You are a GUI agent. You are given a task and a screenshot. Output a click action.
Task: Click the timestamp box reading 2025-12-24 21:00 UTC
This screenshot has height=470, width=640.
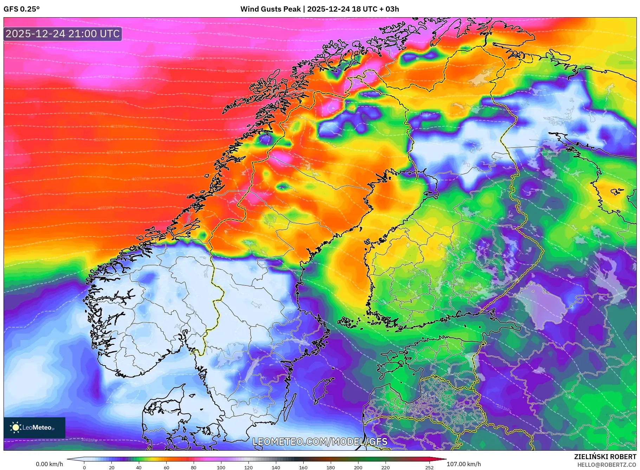(x=63, y=34)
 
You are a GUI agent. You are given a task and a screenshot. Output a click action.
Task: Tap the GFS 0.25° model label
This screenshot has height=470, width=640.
(x=21, y=9)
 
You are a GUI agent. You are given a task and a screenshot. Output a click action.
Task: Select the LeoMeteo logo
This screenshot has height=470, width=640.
(x=34, y=427)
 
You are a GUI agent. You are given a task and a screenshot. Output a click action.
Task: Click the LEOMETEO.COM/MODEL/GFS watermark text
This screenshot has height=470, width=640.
(x=320, y=442)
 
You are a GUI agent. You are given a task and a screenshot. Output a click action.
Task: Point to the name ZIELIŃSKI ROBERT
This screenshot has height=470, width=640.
(x=605, y=457)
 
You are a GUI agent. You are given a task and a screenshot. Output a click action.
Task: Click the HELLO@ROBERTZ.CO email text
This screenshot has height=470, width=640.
(x=607, y=465)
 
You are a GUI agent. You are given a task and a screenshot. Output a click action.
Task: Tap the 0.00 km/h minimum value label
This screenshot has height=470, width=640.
(x=50, y=464)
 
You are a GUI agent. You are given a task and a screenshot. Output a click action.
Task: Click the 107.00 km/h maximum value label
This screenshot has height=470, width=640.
(x=464, y=464)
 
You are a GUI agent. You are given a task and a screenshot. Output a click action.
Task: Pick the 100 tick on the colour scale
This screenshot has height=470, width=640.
(x=221, y=468)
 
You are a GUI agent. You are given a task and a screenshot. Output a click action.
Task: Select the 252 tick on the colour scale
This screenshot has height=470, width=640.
(x=429, y=468)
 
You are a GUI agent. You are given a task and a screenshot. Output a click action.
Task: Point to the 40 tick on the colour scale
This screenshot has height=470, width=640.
(x=139, y=468)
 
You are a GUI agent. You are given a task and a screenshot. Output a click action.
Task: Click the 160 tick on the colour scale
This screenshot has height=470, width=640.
(x=303, y=468)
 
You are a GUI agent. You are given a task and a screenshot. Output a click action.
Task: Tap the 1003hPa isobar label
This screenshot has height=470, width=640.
(x=226, y=34)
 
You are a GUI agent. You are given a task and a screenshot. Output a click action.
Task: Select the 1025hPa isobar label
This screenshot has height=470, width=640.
(x=157, y=166)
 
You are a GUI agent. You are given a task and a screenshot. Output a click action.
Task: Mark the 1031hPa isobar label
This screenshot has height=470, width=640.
(x=106, y=208)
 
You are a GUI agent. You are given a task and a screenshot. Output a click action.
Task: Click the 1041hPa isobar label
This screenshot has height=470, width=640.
(x=89, y=440)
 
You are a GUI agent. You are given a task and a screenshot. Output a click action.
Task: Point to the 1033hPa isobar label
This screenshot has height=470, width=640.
(x=504, y=408)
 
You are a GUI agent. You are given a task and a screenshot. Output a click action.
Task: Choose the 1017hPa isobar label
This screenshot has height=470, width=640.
(x=97, y=114)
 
